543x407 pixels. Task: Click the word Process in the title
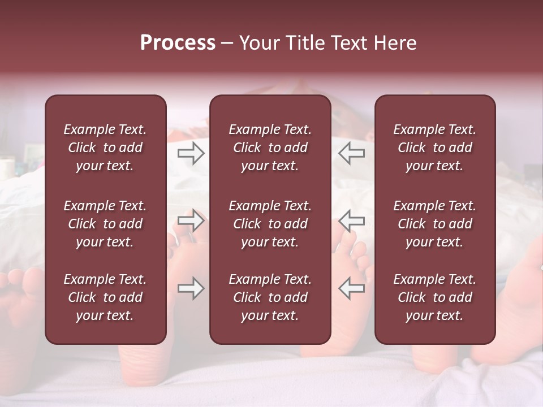(x=178, y=43)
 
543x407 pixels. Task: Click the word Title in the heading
(x=306, y=43)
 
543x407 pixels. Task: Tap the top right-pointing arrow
(x=191, y=153)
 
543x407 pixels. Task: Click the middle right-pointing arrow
(x=191, y=220)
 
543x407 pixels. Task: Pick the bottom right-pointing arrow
(x=191, y=288)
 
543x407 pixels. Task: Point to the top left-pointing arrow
(x=351, y=153)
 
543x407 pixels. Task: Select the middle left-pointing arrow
(x=351, y=220)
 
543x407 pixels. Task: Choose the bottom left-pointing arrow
(x=351, y=288)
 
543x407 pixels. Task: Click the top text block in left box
(x=105, y=148)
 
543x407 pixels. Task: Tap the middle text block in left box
(x=105, y=224)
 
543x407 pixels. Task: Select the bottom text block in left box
(x=105, y=297)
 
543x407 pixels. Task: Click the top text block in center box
(x=270, y=148)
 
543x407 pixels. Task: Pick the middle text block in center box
(x=270, y=224)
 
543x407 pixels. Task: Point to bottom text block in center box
(x=270, y=297)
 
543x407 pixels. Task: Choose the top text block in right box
(x=434, y=148)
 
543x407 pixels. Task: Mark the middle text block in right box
(x=434, y=224)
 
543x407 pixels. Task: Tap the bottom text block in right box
(x=434, y=297)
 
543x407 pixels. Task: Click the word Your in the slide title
(x=259, y=43)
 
